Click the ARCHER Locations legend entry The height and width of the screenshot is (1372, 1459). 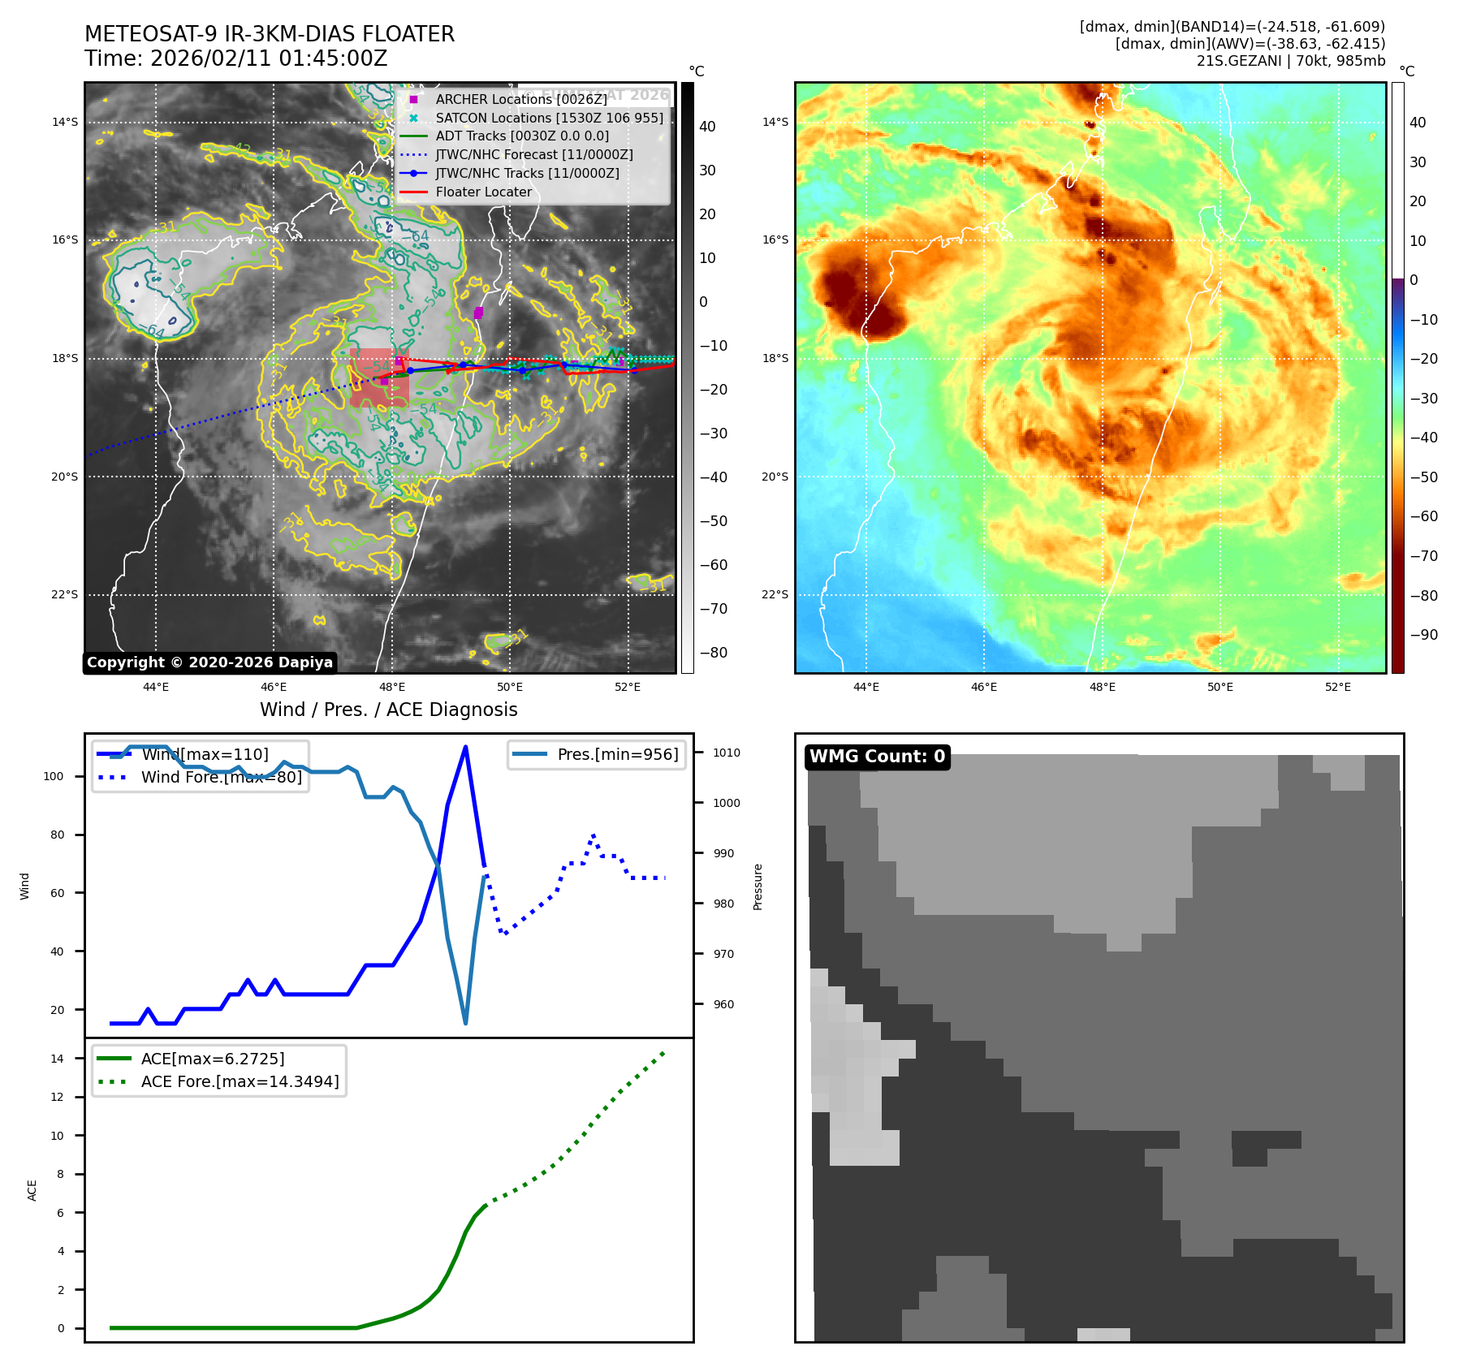click(x=520, y=99)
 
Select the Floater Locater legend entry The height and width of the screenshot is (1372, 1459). click(x=483, y=192)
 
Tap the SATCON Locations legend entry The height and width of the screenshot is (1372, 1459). click(x=549, y=118)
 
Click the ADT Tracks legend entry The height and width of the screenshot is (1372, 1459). click(x=521, y=136)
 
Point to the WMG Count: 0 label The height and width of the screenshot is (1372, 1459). click(x=877, y=757)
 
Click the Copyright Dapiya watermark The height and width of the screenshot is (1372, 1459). click(x=209, y=662)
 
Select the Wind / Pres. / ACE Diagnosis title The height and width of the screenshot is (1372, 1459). click(x=388, y=710)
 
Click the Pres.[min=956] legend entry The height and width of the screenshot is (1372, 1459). click(x=617, y=754)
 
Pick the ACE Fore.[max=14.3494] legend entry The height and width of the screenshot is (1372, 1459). click(x=240, y=1081)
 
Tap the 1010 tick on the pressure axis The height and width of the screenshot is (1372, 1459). click(x=727, y=753)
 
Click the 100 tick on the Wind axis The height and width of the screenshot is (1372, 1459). click(x=54, y=776)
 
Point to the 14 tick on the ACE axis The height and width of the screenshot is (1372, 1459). click(x=57, y=1059)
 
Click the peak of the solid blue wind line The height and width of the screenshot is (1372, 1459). click(x=465, y=747)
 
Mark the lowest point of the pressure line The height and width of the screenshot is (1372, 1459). click(x=465, y=1023)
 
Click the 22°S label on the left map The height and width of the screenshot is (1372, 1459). click(x=65, y=595)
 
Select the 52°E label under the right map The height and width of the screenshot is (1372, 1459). click(x=1338, y=687)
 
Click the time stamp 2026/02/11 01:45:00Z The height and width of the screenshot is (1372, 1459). click(x=269, y=59)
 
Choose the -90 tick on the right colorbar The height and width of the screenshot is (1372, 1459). click(x=1423, y=635)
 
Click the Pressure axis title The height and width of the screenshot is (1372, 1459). click(x=758, y=887)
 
